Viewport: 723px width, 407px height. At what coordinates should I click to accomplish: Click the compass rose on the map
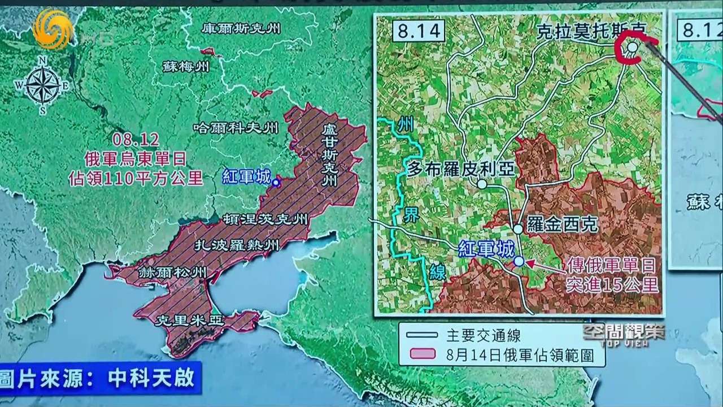click(x=42, y=85)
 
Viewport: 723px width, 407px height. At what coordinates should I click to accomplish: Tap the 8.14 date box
click(x=418, y=31)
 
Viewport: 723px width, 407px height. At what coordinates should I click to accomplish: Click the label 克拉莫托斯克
click(x=590, y=31)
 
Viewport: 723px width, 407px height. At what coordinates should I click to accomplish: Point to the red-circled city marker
click(x=633, y=47)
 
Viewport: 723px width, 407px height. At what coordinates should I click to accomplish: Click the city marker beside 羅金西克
click(x=518, y=229)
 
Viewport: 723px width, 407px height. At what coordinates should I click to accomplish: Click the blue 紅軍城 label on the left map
click(x=247, y=177)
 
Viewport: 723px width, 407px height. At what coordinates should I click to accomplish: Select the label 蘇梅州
click(x=186, y=66)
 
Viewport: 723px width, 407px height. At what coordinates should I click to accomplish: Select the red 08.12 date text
click(x=136, y=139)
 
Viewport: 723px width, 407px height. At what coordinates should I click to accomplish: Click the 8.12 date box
click(x=698, y=28)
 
